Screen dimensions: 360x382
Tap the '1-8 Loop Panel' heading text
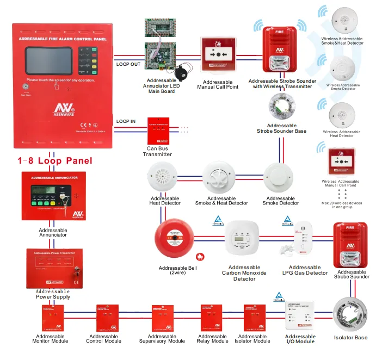(x=55, y=161)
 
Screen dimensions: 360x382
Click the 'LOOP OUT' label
(x=128, y=64)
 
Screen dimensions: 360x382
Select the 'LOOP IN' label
(x=126, y=121)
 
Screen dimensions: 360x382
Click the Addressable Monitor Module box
(x=53, y=319)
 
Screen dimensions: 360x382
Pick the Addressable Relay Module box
(x=212, y=319)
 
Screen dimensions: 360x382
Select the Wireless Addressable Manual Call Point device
(x=342, y=163)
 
